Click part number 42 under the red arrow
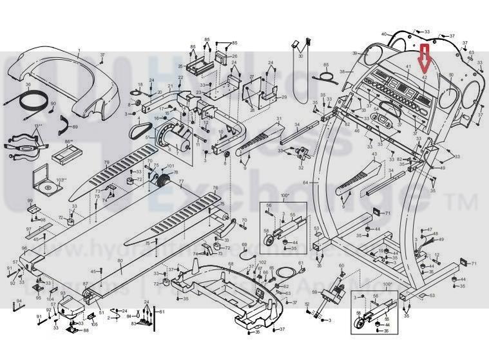(425, 77)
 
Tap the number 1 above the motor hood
(79, 50)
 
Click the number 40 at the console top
(383, 33)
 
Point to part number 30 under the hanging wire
(301, 57)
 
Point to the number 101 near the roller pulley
(170, 166)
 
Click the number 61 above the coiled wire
(300, 263)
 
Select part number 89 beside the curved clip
(75, 127)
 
